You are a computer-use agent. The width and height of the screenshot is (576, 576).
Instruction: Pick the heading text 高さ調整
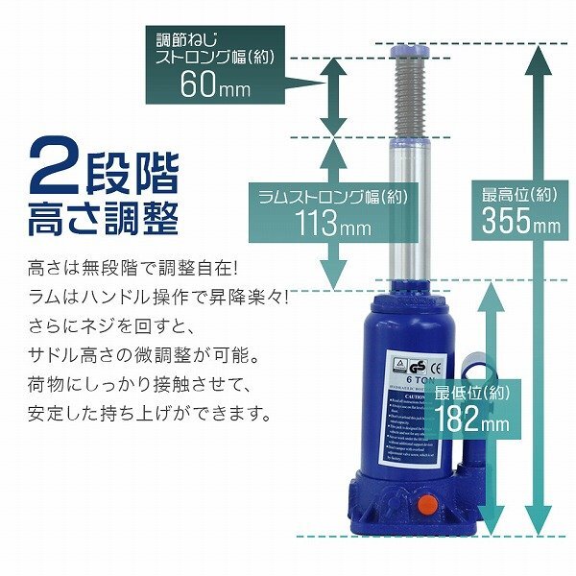point(104,219)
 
